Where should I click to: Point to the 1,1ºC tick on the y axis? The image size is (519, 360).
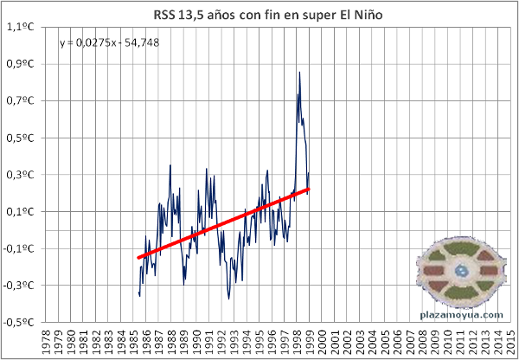[x=20, y=27]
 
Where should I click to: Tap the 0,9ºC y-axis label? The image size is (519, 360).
[x=20, y=64]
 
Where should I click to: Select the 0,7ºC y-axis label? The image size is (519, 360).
[x=20, y=101]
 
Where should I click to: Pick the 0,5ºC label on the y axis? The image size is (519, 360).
[x=20, y=138]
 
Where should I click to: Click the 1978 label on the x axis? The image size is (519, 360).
[x=46, y=340]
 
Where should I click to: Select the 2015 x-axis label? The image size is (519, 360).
[x=509, y=340]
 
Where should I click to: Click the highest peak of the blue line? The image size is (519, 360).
[x=299, y=72]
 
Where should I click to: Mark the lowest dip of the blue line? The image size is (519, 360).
[x=229, y=299]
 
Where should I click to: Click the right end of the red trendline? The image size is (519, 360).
[x=309, y=189]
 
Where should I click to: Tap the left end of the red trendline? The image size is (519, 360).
[x=138, y=257]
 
